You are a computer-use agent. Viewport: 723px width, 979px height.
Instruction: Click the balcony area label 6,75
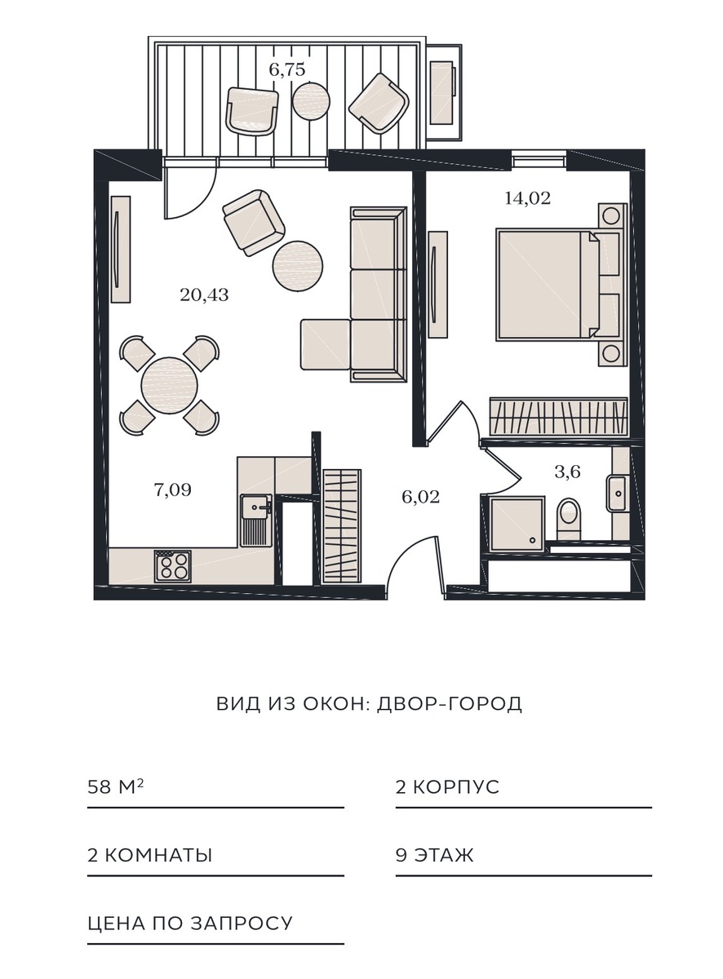[x=287, y=70]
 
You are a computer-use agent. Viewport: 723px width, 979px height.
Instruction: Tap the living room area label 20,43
[x=204, y=295]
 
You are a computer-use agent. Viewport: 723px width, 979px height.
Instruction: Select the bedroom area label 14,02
[x=528, y=198]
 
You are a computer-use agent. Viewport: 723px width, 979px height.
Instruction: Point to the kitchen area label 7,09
[x=173, y=490]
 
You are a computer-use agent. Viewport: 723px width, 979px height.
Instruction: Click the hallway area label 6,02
[x=420, y=497]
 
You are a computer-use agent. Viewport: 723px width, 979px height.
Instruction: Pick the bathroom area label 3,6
[x=567, y=472]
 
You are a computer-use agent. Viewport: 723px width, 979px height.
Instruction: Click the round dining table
[x=169, y=385]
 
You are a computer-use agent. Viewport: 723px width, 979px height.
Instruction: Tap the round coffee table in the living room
[x=298, y=266]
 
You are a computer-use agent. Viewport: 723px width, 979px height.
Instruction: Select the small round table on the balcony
[x=312, y=101]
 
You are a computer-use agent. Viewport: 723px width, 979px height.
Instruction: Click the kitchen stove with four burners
[x=173, y=566]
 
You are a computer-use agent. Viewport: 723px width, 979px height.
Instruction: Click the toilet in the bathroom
[x=569, y=519]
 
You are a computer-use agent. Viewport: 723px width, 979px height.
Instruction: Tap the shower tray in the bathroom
[x=517, y=525]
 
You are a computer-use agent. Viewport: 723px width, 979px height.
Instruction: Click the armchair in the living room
[x=254, y=223]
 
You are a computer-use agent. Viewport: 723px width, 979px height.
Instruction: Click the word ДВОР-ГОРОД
[x=450, y=703]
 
